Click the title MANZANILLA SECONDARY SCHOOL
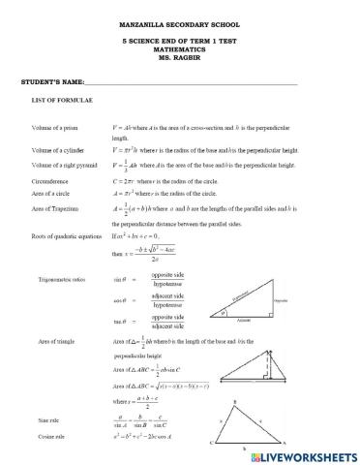tap(181, 23)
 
